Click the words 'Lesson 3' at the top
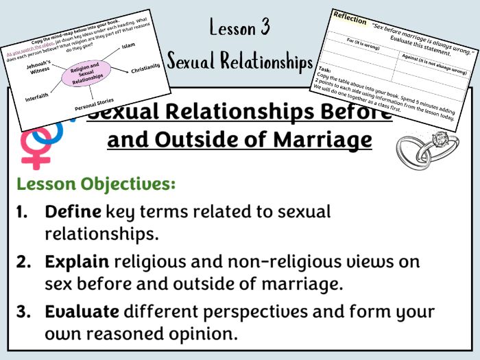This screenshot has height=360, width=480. coord(240,27)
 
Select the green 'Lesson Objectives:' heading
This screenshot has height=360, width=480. coord(96,184)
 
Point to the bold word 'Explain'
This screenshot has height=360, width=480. coord(76,262)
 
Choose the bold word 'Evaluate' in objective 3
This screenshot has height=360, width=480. coord(83,311)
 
